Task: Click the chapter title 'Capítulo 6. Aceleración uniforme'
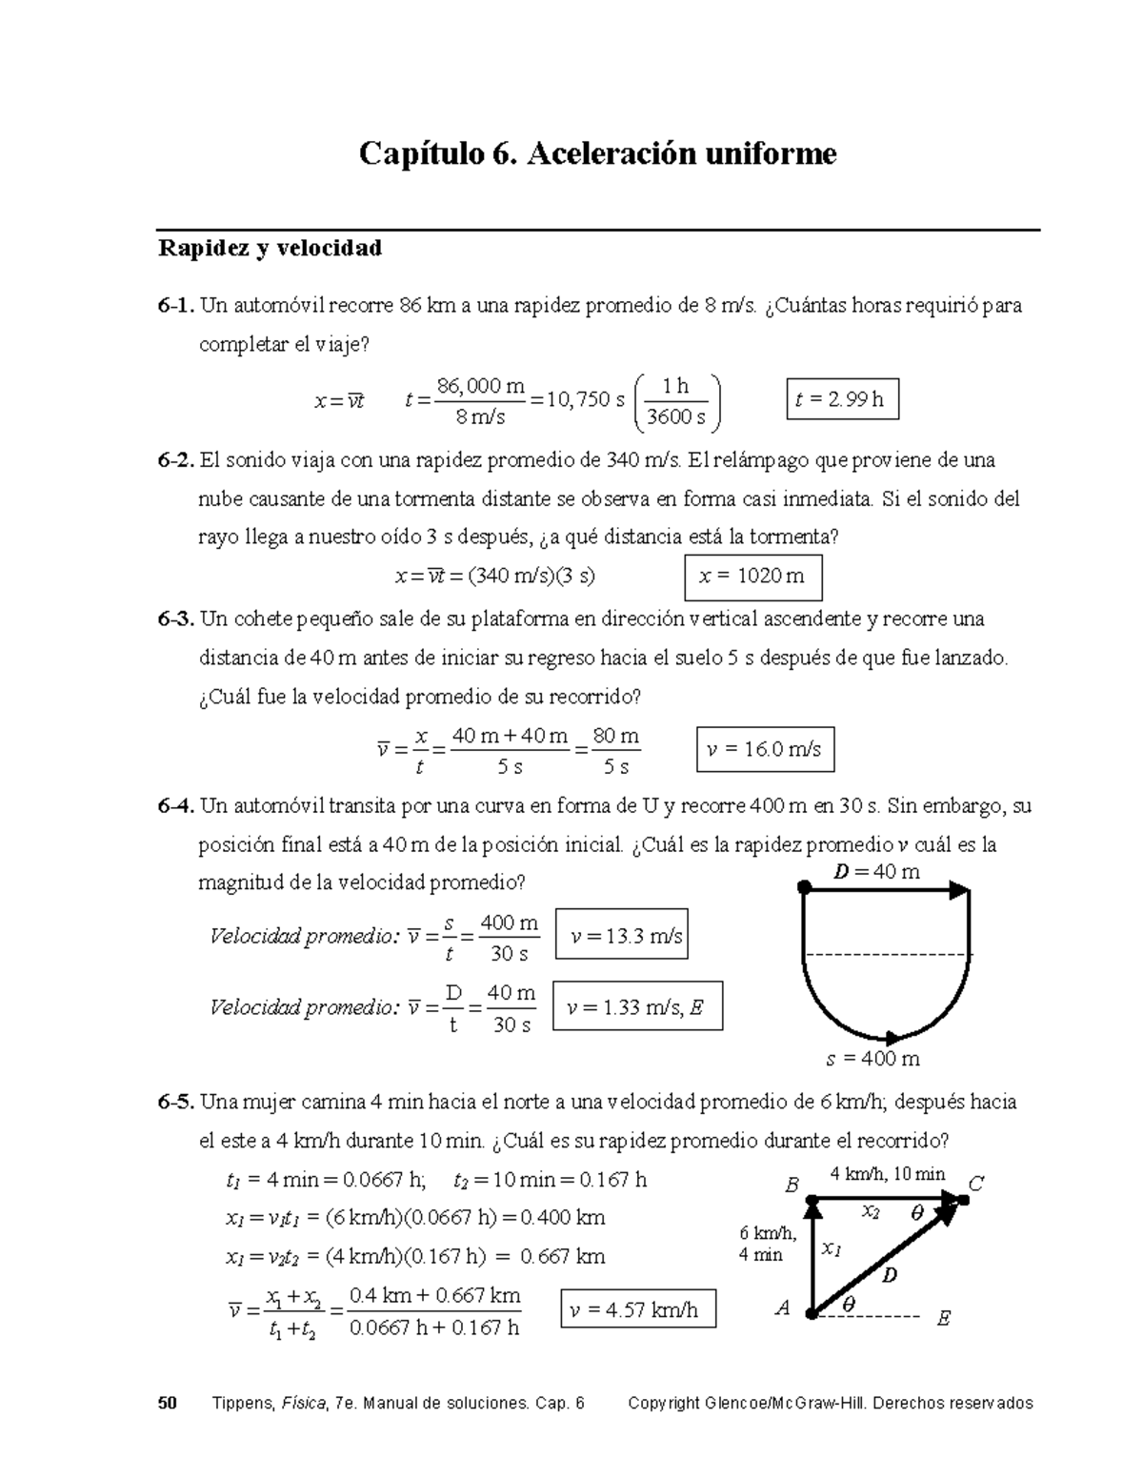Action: click(x=597, y=153)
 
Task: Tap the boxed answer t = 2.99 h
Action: click(x=841, y=400)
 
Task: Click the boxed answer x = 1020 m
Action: click(x=752, y=577)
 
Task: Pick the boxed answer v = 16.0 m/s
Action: click(x=765, y=750)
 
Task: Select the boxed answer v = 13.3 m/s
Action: click(x=622, y=937)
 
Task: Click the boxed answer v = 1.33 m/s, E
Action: click(x=637, y=1007)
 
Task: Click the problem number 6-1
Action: click(x=176, y=307)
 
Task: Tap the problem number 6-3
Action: click(x=176, y=619)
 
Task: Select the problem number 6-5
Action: click(x=176, y=1103)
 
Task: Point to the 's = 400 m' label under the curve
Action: click(x=872, y=1059)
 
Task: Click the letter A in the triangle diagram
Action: click(x=783, y=1309)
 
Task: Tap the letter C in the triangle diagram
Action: click(x=976, y=1185)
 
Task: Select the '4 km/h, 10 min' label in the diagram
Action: click(x=887, y=1174)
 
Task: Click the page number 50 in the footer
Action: click(x=168, y=1403)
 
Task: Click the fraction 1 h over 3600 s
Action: click(x=676, y=401)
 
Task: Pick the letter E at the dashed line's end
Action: click(x=943, y=1319)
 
